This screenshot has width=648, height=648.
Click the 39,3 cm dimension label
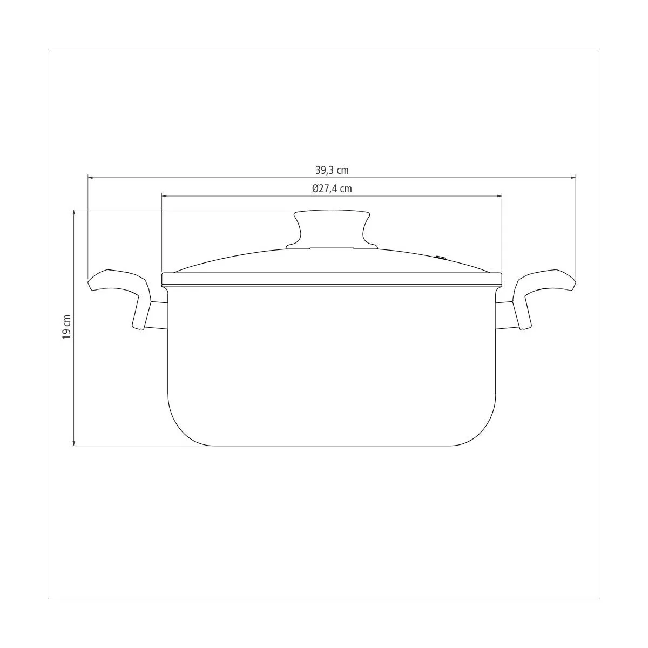coord(332,170)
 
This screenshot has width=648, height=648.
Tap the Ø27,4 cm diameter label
coord(332,188)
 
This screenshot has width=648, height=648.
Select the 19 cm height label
coord(66,327)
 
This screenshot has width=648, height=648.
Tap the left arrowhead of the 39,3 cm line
coord(90,177)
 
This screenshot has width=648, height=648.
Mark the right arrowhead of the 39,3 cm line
coord(573,177)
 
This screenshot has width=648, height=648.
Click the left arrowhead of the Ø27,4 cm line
coord(165,195)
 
